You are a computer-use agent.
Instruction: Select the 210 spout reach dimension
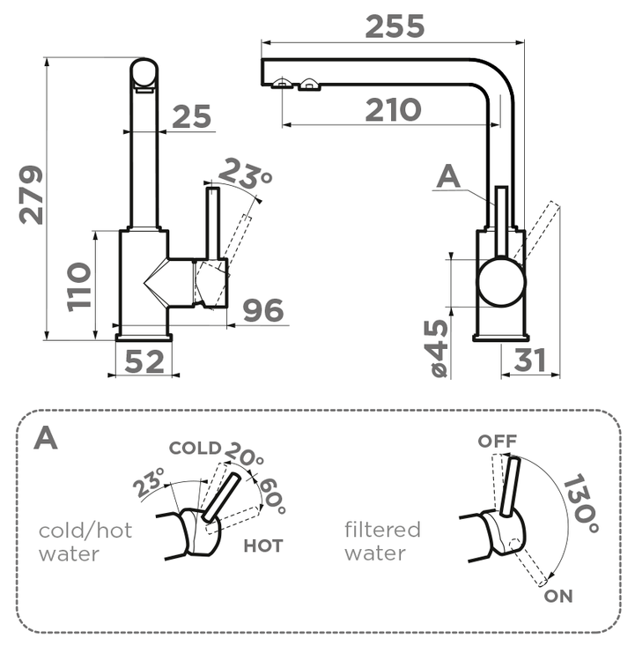click(x=393, y=110)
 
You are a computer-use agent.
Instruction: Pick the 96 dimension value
click(x=262, y=310)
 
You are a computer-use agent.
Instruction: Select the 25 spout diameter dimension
click(x=192, y=116)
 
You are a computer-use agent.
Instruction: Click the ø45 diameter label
click(x=438, y=349)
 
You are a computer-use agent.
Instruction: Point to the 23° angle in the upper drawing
click(x=246, y=173)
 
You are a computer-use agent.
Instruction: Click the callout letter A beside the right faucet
click(x=448, y=178)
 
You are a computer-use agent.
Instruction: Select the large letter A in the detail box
click(x=46, y=438)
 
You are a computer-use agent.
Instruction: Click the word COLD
click(x=195, y=448)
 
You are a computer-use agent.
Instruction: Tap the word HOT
click(x=263, y=546)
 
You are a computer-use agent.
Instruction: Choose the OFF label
click(x=498, y=442)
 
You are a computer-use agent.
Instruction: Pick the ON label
click(x=558, y=597)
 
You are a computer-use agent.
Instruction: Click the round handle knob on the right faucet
click(x=500, y=282)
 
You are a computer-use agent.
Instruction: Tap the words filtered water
click(x=382, y=541)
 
